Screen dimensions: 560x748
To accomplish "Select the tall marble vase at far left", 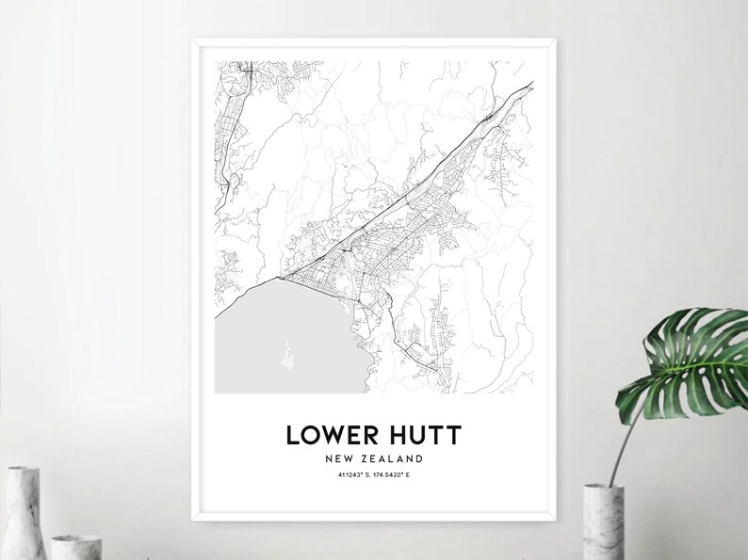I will click(20, 512).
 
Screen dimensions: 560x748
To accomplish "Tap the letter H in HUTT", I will click(394, 435).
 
